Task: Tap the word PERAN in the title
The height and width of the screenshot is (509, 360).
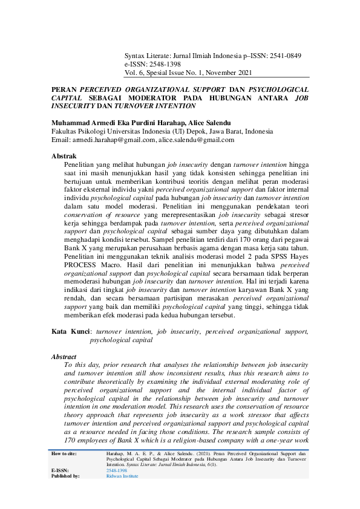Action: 65,88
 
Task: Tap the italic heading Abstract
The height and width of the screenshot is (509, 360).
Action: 64,357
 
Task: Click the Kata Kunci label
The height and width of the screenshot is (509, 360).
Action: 71,331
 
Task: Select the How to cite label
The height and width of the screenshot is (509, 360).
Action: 64,453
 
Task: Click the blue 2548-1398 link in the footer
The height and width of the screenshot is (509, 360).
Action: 117,470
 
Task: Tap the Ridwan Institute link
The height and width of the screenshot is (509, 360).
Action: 122,476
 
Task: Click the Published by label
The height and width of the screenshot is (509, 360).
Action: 66,476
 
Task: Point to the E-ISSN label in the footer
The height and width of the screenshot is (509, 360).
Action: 61,470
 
